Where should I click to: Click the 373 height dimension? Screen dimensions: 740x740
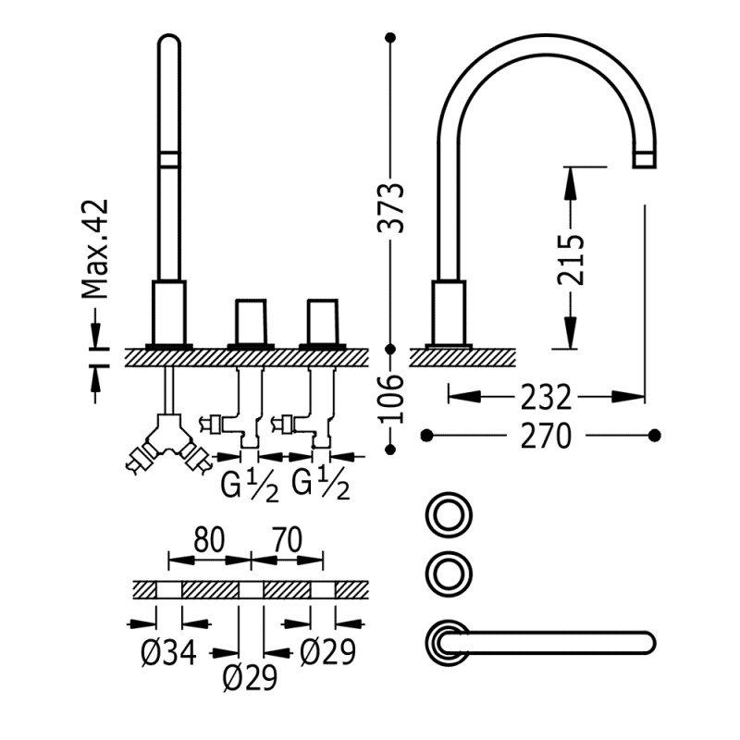391,207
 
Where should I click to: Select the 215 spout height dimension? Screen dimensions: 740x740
570,258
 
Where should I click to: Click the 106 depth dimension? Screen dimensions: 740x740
391,399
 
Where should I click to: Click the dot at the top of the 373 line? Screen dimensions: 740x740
391,38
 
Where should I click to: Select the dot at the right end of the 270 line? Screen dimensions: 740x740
655,435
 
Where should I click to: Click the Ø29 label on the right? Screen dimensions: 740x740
328,653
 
